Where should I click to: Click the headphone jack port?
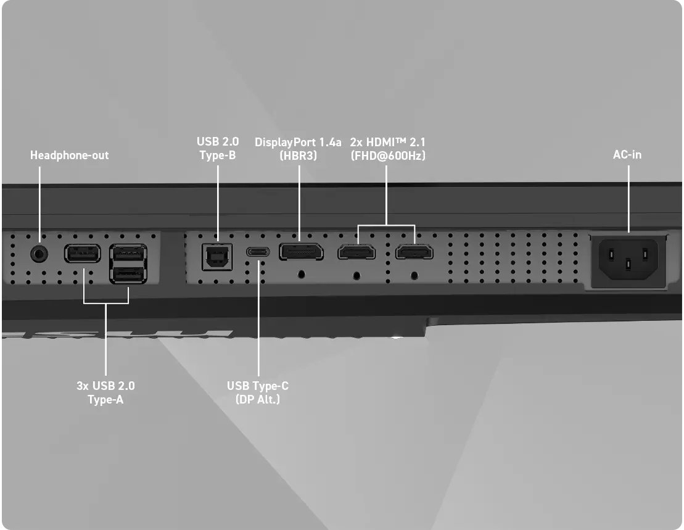39,254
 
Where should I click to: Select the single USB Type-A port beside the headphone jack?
83,253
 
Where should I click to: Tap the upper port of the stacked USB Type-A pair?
128,253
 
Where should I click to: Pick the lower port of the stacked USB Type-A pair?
128,275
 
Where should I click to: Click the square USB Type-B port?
217,257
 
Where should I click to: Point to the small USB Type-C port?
258,252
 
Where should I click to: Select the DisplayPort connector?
302,252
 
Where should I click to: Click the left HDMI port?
356,252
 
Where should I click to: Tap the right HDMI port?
414,252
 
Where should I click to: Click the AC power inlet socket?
628,260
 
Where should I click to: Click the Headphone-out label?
69,155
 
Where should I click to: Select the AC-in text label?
627,154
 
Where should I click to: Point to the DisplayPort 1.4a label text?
298,143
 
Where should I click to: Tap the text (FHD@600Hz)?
388,155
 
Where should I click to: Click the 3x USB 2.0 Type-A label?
105,392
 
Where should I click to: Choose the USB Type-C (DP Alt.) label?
258,392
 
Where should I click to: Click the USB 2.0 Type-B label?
218,148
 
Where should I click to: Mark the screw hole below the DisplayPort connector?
301,275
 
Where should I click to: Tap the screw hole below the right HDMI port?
414,276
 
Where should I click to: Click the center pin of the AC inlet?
628,264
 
